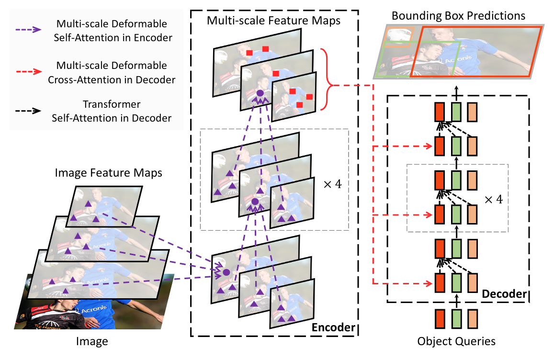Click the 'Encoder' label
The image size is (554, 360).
click(333, 328)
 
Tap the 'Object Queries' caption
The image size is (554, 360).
click(456, 341)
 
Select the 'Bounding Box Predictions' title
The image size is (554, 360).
click(458, 16)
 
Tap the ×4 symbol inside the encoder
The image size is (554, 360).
click(331, 184)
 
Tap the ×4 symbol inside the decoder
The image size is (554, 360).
click(494, 199)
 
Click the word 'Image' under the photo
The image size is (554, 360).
click(92, 341)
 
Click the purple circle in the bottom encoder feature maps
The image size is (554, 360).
click(226, 272)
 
